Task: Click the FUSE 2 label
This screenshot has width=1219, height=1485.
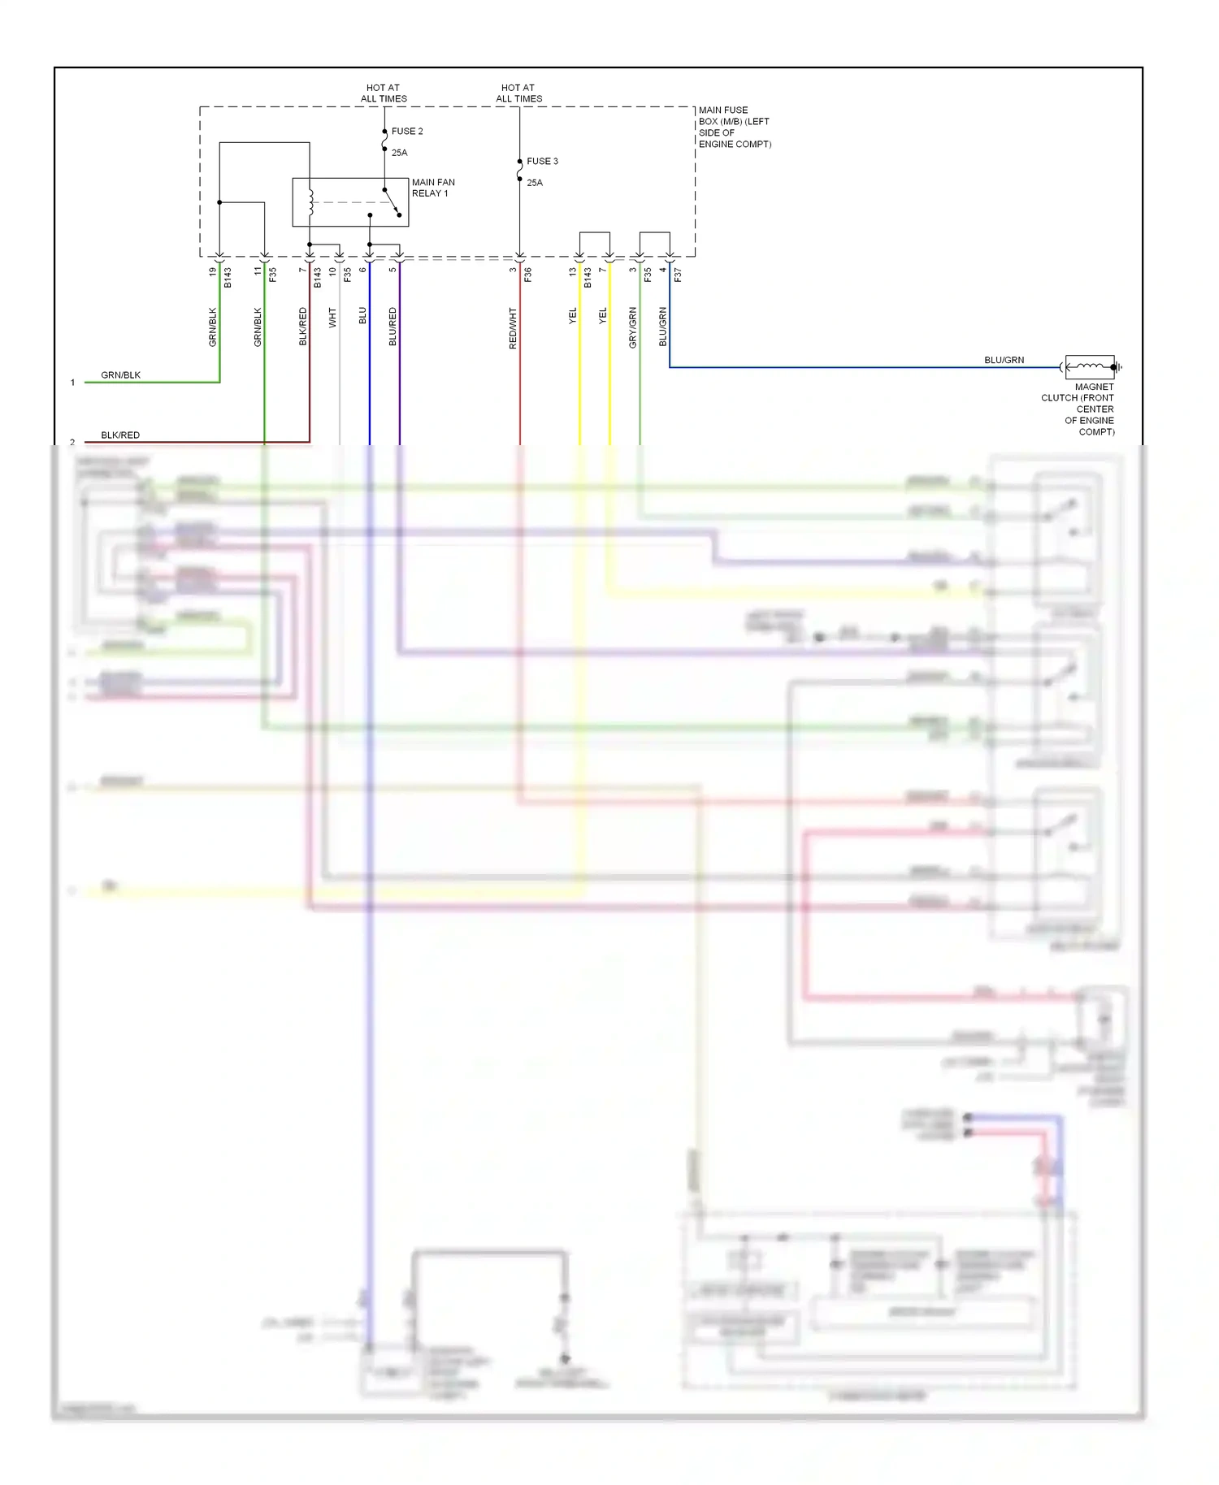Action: coord(406,131)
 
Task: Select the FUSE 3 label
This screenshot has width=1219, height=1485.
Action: coord(542,161)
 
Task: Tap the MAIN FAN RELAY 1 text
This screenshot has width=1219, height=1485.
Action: coord(432,188)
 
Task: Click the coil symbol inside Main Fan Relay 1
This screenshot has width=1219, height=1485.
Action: coord(310,201)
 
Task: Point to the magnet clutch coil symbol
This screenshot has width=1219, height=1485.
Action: coord(1090,367)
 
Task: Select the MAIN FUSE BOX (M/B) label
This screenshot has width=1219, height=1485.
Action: coord(734,127)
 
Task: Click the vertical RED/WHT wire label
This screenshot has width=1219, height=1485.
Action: coord(513,328)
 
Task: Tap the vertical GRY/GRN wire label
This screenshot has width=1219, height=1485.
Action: coord(633,327)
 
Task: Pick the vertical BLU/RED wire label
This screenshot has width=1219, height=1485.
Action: coord(393,327)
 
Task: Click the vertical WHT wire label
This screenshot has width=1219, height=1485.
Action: coord(332,318)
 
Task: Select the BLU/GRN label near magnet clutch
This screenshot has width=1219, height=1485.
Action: coord(1004,360)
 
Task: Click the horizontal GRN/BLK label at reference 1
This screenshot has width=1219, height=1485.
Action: coord(120,374)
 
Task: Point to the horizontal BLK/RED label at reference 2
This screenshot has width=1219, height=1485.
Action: coord(120,435)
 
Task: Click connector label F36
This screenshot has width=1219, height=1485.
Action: coord(527,275)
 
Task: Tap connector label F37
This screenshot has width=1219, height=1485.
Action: coord(678,275)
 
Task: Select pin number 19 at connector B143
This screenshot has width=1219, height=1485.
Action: coord(213,271)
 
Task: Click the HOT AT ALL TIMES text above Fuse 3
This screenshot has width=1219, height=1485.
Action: coord(518,93)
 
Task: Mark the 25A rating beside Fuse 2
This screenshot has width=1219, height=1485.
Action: coord(399,153)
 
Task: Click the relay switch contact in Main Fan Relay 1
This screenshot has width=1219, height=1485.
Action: coord(391,202)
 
